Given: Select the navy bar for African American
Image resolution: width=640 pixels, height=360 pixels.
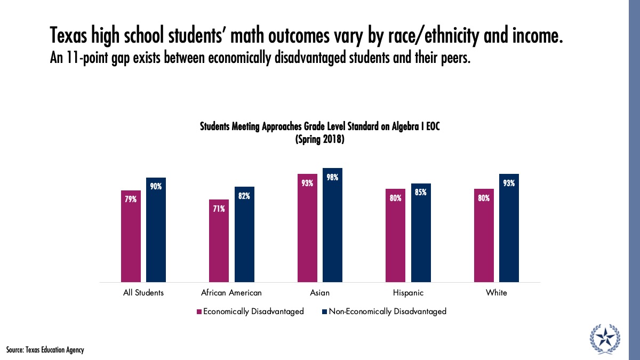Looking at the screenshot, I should click(244, 234).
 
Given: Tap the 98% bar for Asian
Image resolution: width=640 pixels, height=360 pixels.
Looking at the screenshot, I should click(332, 225).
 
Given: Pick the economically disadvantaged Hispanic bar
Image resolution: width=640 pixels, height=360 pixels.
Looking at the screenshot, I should click(395, 235).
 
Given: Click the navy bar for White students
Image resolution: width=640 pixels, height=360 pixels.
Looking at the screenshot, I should click(509, 228).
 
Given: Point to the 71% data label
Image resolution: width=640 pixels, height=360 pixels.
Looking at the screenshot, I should click(219, 209).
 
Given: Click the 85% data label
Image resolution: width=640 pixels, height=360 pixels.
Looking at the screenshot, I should click(421, 192).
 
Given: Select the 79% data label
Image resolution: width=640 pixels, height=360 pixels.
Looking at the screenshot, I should click(131, 199).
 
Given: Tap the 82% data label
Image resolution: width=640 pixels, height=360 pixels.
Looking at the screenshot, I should click(244, 196).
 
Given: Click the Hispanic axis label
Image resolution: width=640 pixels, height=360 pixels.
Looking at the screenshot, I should click(408, 293).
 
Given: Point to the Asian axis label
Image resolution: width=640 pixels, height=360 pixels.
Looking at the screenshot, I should click(320, 293).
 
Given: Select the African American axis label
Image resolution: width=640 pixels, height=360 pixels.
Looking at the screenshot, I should click(231, 293).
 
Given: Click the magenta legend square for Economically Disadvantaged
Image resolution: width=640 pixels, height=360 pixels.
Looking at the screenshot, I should click(199, 311).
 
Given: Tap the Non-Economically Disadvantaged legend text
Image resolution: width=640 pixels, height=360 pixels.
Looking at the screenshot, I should click(387, 311).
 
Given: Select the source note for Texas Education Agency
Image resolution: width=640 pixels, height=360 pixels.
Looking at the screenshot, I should click(45, 350).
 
